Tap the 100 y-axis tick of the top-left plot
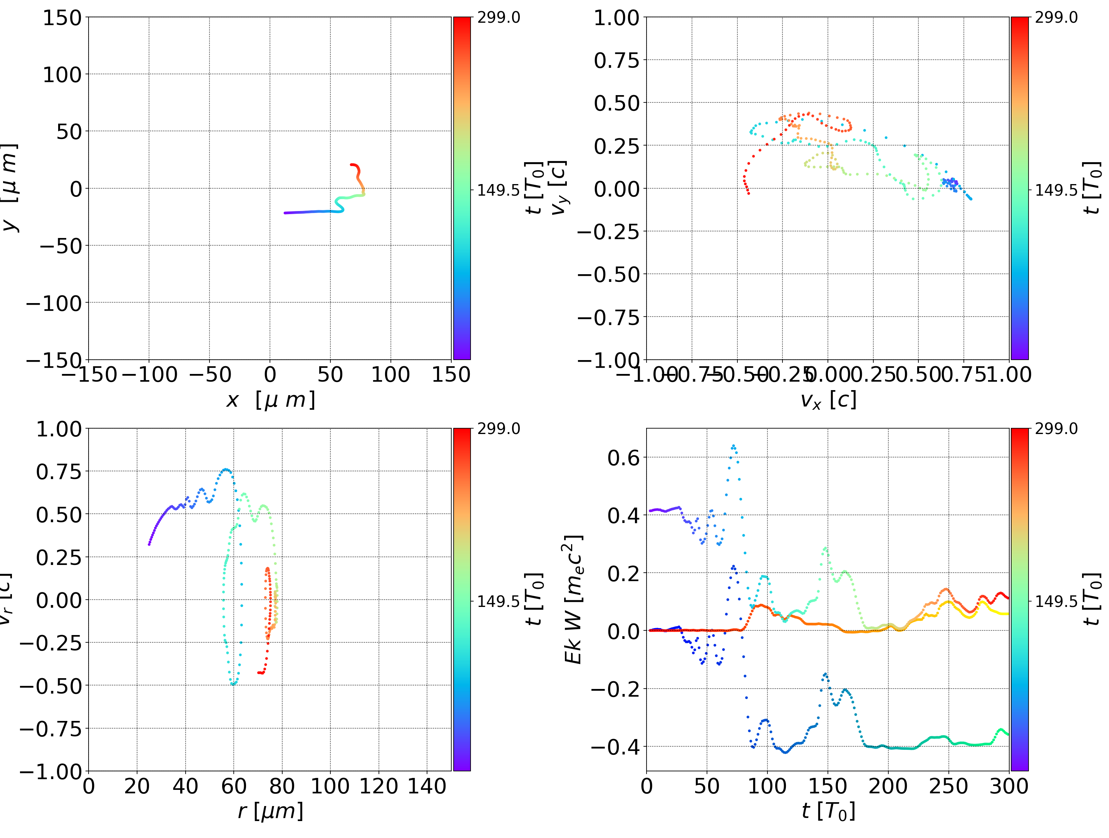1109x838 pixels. [x=62, y=75]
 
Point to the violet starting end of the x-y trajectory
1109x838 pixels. [x=285, y=213]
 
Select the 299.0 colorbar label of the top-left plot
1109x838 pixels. [x=498, y=18]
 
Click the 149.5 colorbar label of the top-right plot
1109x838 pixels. [x=1056, y=190]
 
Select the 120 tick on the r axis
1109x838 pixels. [x=379, y=786]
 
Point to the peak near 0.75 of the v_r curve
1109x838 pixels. [x=226, y=470]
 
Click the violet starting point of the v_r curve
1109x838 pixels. [x=149, y=544]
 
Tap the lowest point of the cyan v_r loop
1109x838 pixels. [x=233, y=684]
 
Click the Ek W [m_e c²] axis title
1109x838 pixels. [x=573, y=599]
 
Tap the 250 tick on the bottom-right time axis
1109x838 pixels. [x=948, y=786]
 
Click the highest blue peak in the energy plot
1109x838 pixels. [x=733, y=445]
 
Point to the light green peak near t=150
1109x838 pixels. [x=825, y=549]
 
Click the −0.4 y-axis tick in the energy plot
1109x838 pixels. [x=616, y=747]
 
